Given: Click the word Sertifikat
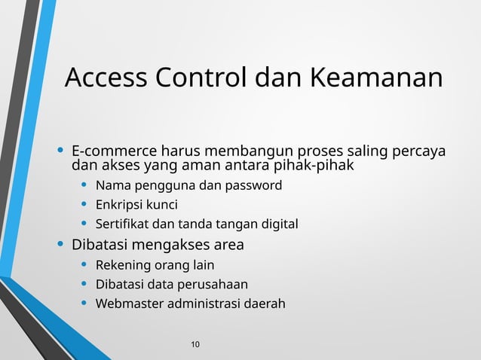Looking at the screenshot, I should point(122,224).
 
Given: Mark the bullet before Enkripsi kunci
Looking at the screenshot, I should point(84,204).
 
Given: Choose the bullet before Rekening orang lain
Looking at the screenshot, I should point(84,265).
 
